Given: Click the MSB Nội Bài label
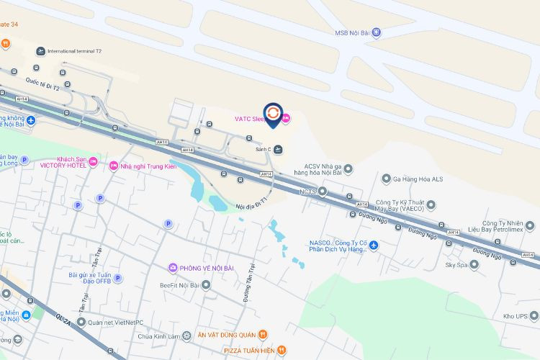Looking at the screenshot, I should (352, 32).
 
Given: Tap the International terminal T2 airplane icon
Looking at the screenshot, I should (40, 51).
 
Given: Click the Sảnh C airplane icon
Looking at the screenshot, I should (279, 149).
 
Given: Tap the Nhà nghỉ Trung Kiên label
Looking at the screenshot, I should (149, 166).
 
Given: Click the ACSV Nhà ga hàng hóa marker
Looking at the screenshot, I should (348, 169).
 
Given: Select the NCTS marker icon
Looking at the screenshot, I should (323, 192).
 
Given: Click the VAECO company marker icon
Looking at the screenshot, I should (431, 204).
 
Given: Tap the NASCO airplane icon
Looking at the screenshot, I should (373, 246).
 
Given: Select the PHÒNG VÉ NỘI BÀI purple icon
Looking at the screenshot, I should (173, 269).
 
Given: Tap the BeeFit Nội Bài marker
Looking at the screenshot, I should (206, 284).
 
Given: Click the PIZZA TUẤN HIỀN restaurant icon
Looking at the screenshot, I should (282, 351).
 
